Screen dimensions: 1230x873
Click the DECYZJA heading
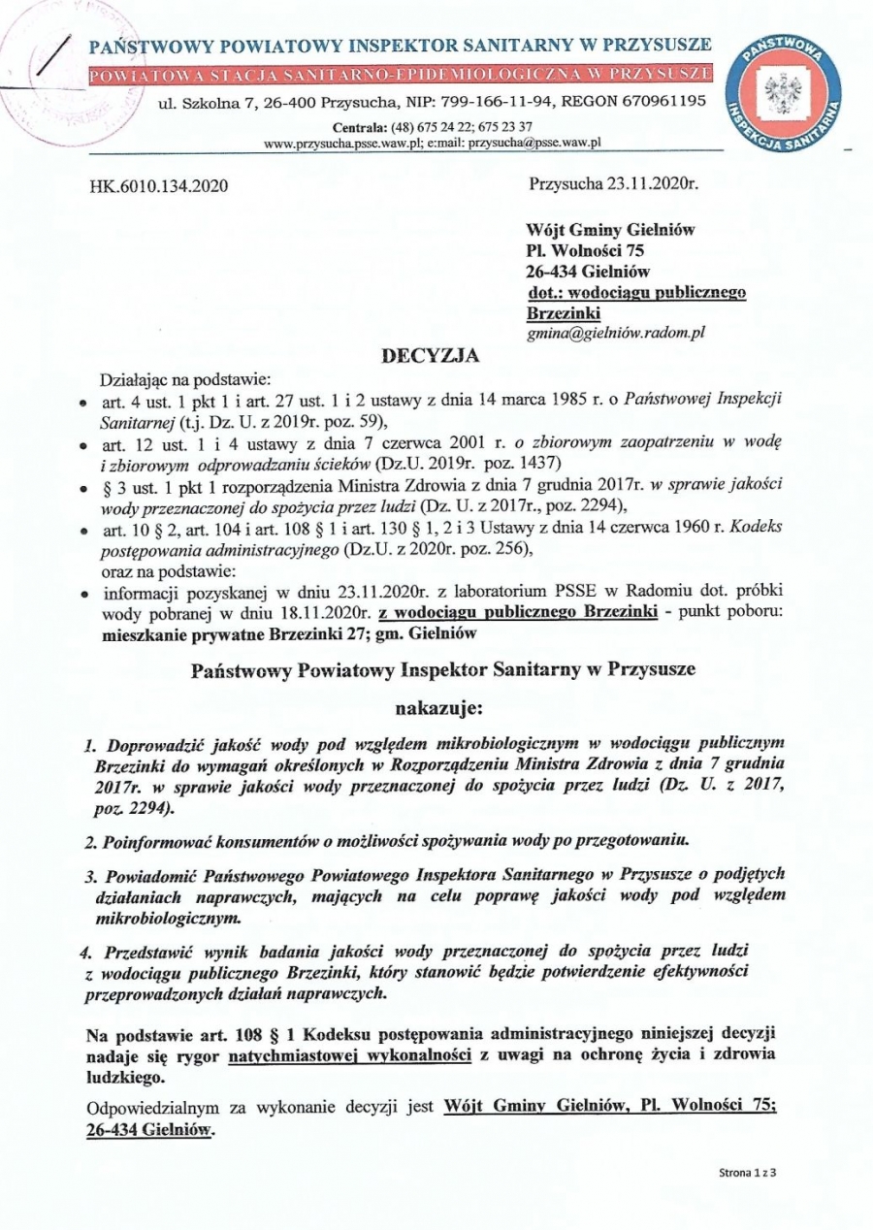tap(435, 356)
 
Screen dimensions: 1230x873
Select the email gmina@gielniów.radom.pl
tap(615, 332)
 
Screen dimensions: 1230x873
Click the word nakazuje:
tap(437, 710)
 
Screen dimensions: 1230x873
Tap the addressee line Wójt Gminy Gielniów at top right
tap(610, 230)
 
